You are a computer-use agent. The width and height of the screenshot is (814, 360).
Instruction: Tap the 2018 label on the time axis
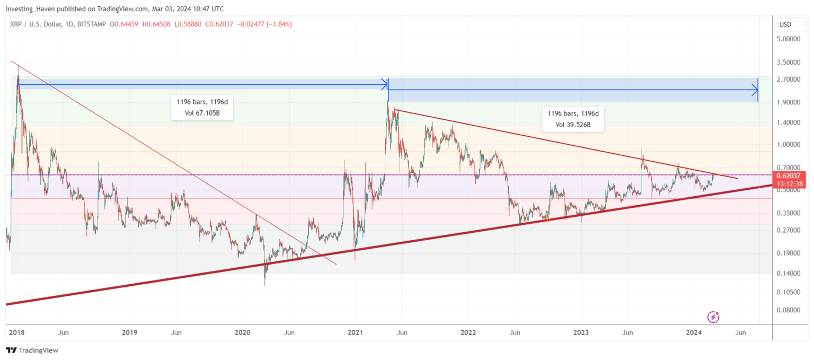(x=17, y=332)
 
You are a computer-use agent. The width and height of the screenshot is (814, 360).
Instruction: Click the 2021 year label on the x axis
(x=355, y=332)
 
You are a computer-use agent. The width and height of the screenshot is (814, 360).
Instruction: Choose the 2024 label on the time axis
(x=694, y=332)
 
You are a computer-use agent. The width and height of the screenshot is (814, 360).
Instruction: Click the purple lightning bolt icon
(x=713, y=317)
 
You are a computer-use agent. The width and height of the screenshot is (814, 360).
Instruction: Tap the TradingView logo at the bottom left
(x=32, y=350)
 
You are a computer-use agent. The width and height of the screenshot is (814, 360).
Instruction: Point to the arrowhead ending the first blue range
(x=385, y=84)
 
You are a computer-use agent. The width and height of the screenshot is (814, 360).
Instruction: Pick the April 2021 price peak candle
(x=388, y=103)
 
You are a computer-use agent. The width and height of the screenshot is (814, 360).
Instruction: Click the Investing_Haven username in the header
(x=31, y=9)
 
